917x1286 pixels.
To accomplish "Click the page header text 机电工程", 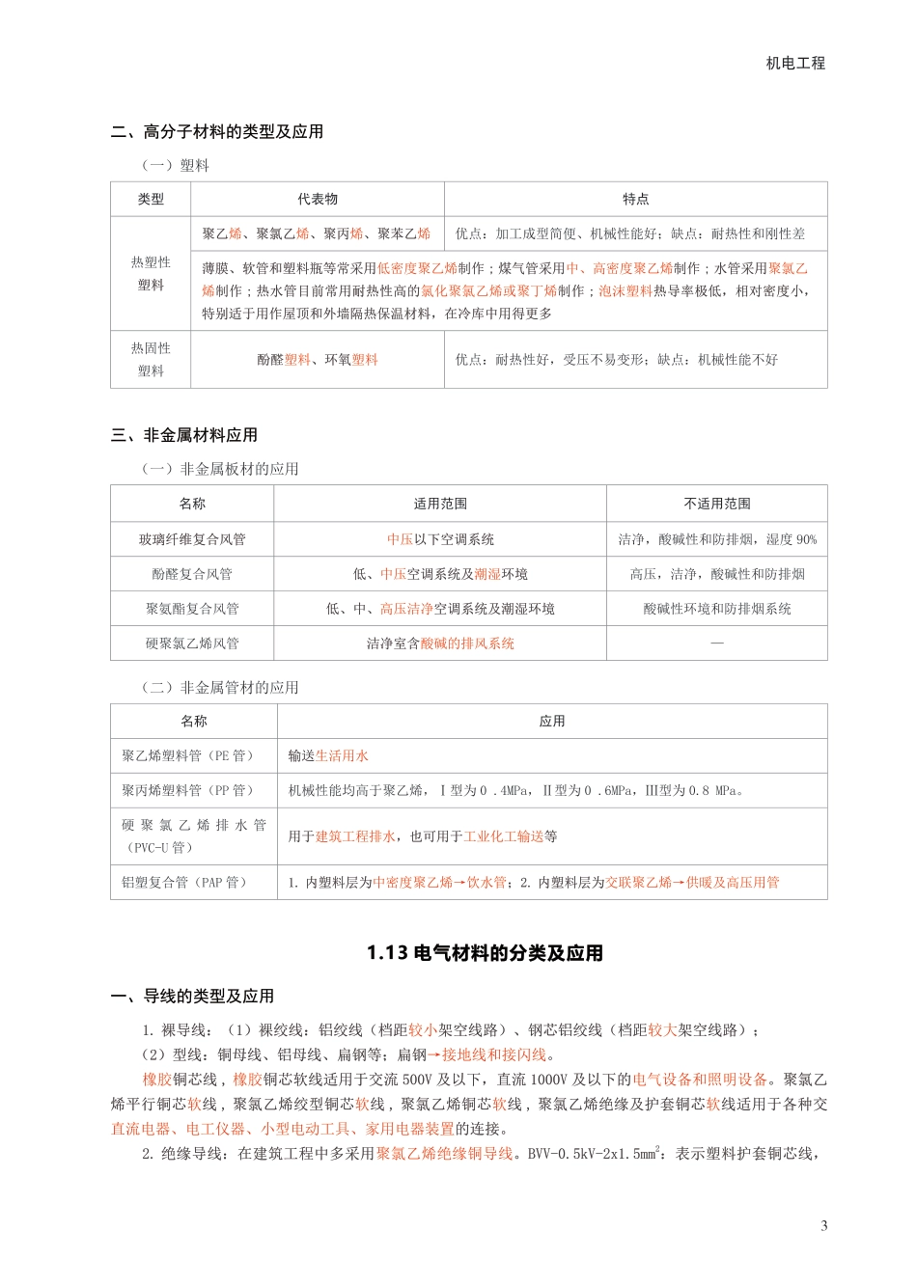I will (x=795, y=63).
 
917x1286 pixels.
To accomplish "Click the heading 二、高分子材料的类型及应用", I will (x=217, y=132).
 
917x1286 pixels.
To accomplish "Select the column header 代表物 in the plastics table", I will (x=317, y=200).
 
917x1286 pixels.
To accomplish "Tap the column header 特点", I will (x=635, y=200).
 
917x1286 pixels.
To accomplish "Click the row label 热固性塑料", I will (x=151, y=360).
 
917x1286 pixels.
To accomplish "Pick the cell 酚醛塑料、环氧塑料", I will (x=317, y=360).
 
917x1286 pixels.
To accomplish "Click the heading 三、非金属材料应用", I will (x=184, y=435).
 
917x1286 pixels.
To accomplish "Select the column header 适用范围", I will (x=440, y=504).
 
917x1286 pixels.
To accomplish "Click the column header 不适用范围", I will (x=716, y=504).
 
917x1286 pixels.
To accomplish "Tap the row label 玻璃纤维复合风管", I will (x=192, y=539).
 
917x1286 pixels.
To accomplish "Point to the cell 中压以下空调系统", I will (x=440, y=539).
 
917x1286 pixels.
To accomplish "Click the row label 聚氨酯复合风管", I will (x=192, y=609).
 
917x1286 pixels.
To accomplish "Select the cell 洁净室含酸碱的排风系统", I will (x=440, y=643).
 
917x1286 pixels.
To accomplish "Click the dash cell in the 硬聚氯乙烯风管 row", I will (x=716, y=643).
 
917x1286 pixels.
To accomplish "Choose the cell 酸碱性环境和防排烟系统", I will (x=716, y=609).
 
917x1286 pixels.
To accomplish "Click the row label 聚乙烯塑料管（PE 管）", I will (x=188, y=755).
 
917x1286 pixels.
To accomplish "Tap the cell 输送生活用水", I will (x=328, y=755).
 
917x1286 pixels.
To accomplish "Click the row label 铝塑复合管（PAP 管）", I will (x=185, y=882).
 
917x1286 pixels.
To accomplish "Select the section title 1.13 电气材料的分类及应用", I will (x=485, y=953).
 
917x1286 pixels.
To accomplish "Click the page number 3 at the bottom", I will (x=823, y=1226).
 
